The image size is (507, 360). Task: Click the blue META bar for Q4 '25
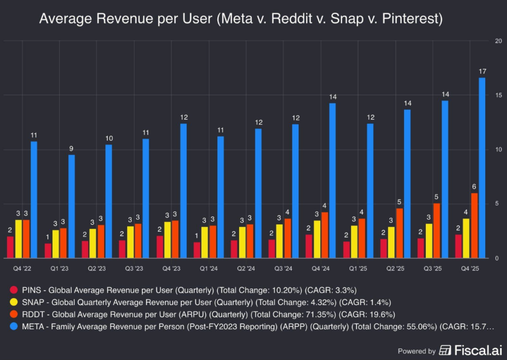click(x=482, y=168)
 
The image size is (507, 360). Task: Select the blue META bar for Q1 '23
click(x=72, y=206)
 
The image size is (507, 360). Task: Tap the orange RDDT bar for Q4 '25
click(x=474, y=225)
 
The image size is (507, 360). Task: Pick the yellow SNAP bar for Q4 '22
click(x=18, y=239)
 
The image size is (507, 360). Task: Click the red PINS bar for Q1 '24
click(x=197, y=250)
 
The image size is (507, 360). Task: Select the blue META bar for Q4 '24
click(x=333, y=180)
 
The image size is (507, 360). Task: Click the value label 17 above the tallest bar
click(x=482, y=72)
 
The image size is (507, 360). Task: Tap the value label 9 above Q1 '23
click(x=72, y=149)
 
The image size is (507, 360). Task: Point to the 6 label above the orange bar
click(x=474, y=187)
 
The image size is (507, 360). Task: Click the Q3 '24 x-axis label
click(x=282, y=268)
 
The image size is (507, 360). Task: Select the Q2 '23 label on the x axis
click(x=96, y=268)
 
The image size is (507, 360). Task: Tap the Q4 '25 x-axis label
click(x=469, y=268)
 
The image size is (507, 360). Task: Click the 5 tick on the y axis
click(x=495, y=204)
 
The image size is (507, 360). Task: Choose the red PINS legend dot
click(x=14, y=290)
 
